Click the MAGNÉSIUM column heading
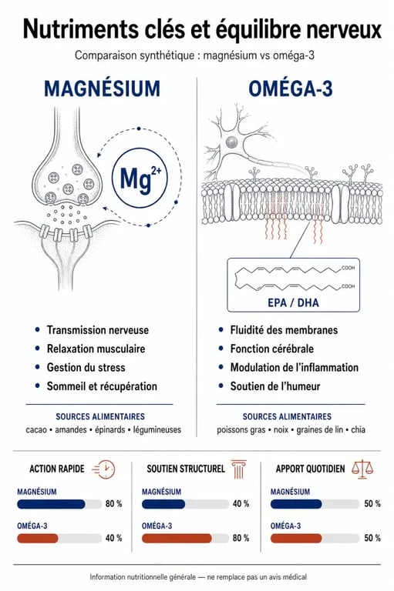[x=102, y=89]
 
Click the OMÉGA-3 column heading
[x=291, y=89]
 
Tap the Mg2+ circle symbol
[x=140, y=177]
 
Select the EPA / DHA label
[x=293, y=302]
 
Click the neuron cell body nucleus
[x=231, y=142]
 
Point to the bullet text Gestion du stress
[x=86, y=367]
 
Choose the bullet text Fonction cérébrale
[x=272, y=349]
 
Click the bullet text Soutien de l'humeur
[x=275, y=386]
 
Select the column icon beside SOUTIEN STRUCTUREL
[x=238, y=469]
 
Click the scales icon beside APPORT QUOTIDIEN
[x=362, y=469]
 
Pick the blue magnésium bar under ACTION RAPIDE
[x=51, y=504]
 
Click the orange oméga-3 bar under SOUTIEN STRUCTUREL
[x=177, y=538]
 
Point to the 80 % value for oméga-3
[x=241, y=538]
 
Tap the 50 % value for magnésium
[x=372, y=503]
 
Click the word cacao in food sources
[x=36, y=429]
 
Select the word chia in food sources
[x=358, y=429]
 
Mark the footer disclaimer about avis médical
[x=198, y=577]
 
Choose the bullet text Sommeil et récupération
[x=102, y=386]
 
